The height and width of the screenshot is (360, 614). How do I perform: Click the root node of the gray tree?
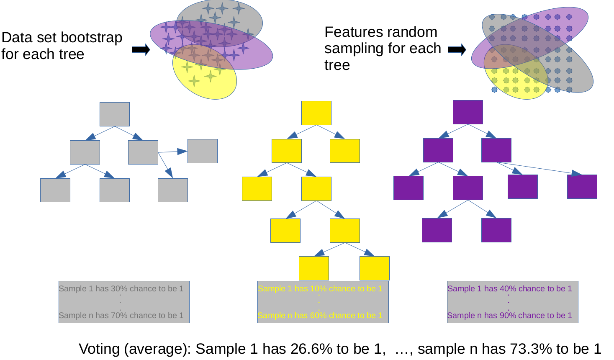click(115, 114)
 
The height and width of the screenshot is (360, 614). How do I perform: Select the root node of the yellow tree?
click(316, 113)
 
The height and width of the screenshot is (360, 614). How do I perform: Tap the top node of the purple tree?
click(468, 112)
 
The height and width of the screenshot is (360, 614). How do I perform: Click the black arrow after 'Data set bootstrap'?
click(141, 50)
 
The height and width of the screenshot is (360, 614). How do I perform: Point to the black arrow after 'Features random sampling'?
click(457, 50)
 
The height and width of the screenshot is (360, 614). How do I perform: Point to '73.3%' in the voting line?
click(530, 349)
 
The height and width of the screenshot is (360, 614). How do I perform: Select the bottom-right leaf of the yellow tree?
click(375, 268)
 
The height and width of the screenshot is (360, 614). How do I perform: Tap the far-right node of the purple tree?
click(582, 186)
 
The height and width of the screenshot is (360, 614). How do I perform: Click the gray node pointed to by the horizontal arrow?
click(203, 151)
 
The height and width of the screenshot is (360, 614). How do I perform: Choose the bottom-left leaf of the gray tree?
click(55, 190)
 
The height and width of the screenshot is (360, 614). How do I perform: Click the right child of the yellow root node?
click(345, 151)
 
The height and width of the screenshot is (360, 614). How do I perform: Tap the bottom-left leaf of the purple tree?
click(437, 230)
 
